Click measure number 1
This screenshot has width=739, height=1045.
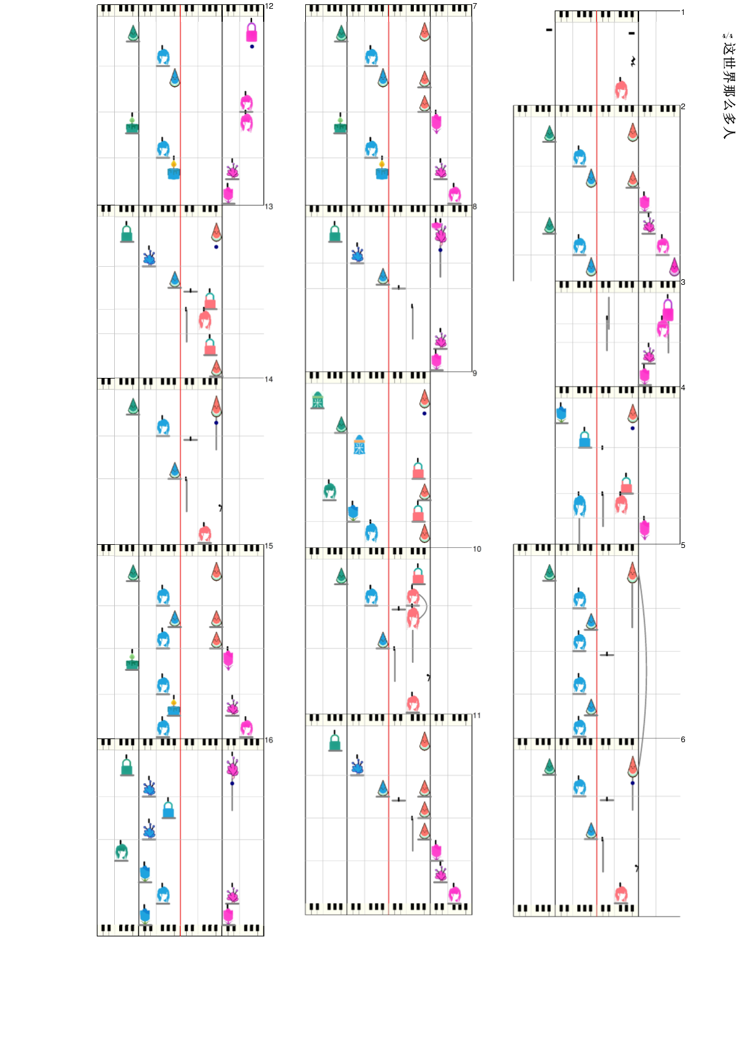click(x=683, y=12)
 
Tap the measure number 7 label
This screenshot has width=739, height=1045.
click(x=475, y=6)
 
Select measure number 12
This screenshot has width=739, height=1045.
click(x=269, y=6)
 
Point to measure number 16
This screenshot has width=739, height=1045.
click(x=269, y=740)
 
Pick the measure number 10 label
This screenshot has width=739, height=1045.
click(x=477, y=549)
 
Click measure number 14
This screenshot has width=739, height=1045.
click(x=269, y=379)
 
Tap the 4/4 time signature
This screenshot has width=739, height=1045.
click(x=727, y=36)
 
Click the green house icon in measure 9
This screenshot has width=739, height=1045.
click(x=318, y=400)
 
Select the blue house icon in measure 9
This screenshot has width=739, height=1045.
click(x=359, y=445)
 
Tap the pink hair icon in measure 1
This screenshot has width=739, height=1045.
click(x=621, y=89)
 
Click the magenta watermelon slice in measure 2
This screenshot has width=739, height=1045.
click(x=674, y=267)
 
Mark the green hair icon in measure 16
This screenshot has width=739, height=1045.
click(x=122, y=850)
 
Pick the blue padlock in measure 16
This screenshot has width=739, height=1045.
click(x=168, y=809)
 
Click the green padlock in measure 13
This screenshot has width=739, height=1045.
click(x=127, y=233)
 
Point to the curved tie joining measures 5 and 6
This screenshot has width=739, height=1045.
click(x=645, y=670)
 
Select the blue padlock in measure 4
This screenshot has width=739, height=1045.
click(x=585, y=438)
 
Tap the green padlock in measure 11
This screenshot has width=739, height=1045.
click(x=335, y=742)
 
